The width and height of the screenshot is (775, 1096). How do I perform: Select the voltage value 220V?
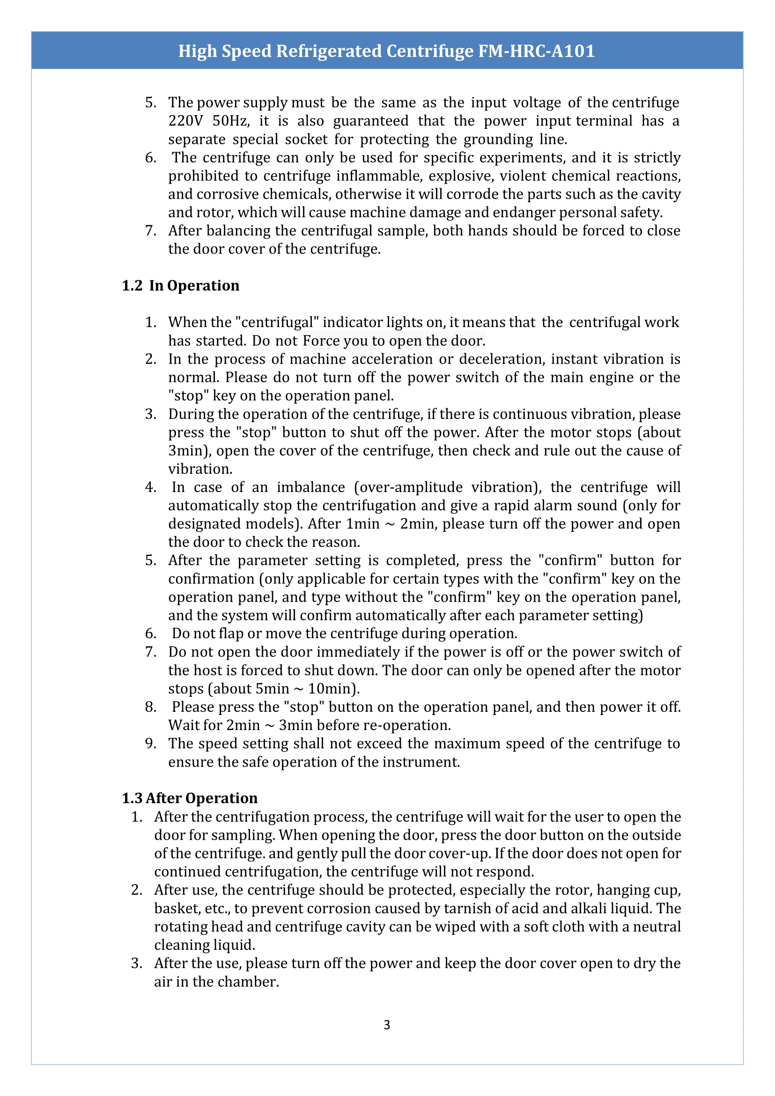(185, 121)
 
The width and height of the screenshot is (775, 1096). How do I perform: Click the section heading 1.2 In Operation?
(180, 285)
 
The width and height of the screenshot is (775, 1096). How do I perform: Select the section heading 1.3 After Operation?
(190, 798)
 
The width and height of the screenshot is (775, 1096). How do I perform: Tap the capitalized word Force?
(320, 341)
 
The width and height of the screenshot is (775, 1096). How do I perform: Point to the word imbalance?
(310, 487)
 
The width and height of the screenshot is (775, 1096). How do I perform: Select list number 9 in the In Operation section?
(150, 744)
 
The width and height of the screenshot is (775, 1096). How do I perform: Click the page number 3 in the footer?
(386, 1025)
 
